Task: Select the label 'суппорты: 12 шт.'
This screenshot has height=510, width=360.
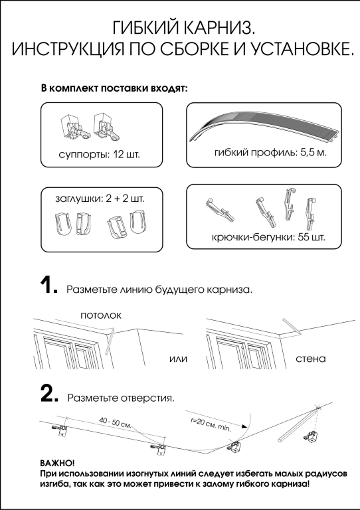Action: point(99,154)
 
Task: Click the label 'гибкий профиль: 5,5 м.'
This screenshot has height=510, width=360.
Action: point(270,153)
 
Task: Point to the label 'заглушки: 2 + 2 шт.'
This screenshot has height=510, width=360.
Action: point(100,199)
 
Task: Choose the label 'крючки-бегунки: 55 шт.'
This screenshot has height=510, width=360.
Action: point(268,238)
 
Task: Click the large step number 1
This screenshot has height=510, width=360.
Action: point(48,286)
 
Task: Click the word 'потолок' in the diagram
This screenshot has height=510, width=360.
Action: point(101,315)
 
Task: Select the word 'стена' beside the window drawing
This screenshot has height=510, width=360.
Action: point(311,359)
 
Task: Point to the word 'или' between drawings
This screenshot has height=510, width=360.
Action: point(179,359)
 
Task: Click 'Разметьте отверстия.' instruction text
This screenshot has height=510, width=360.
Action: point(121,398)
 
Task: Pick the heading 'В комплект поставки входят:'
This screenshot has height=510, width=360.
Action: point(114,88)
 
